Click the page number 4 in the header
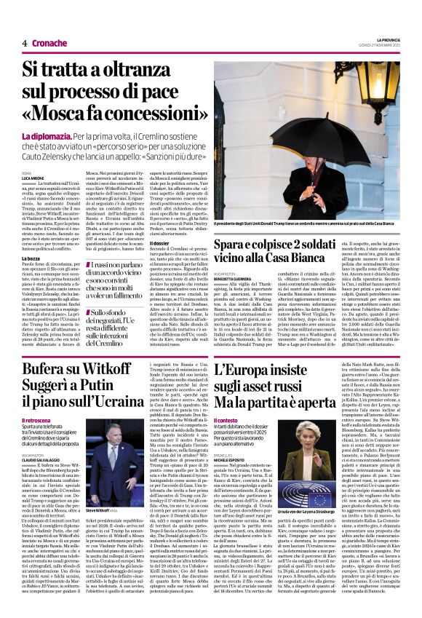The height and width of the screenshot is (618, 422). [x=24, y=44]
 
